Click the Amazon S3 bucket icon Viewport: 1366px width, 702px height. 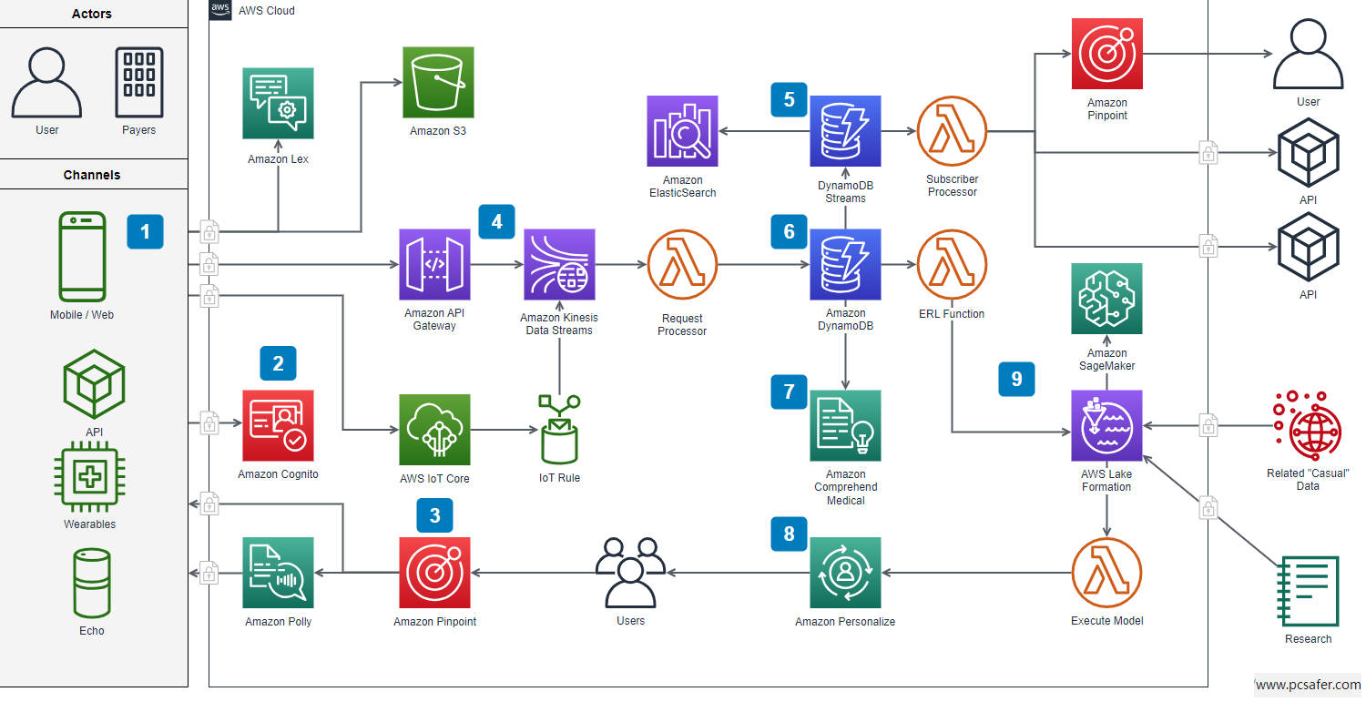coord(438,83)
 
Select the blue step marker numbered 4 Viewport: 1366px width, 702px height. coord(496,221)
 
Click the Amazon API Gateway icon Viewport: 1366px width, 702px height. coord(434,264)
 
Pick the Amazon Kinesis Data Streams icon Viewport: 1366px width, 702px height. coord(558,264)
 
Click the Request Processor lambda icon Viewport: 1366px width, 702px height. coord(682,264)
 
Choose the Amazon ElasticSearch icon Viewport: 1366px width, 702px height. coord(682,131)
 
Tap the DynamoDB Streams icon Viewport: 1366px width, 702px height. coord(845,131)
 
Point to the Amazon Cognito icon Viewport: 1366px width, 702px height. coord(278,425)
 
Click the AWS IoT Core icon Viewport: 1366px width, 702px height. coord(434,430)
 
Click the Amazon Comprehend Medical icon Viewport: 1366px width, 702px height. coord(845,425)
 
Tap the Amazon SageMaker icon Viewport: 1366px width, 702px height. coord(1106,299)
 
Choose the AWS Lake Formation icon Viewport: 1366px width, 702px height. coord(1106,426)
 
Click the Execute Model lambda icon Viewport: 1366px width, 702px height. coord(1106,572)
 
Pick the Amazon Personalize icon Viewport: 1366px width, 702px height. coord(845,572)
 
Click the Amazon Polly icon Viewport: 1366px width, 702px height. coord(278,572)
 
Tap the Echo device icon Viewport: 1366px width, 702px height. coord(91,583)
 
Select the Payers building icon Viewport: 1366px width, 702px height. coord(139,82)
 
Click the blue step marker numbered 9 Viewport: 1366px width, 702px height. coord(1016,377)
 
